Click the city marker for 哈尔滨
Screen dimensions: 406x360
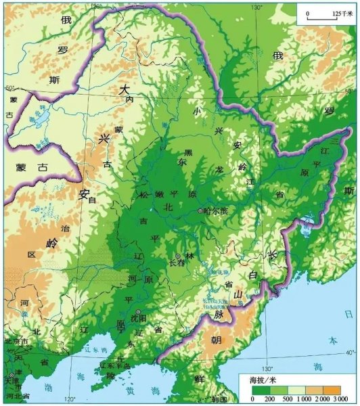(200, 212)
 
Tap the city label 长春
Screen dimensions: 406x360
(175, 264)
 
